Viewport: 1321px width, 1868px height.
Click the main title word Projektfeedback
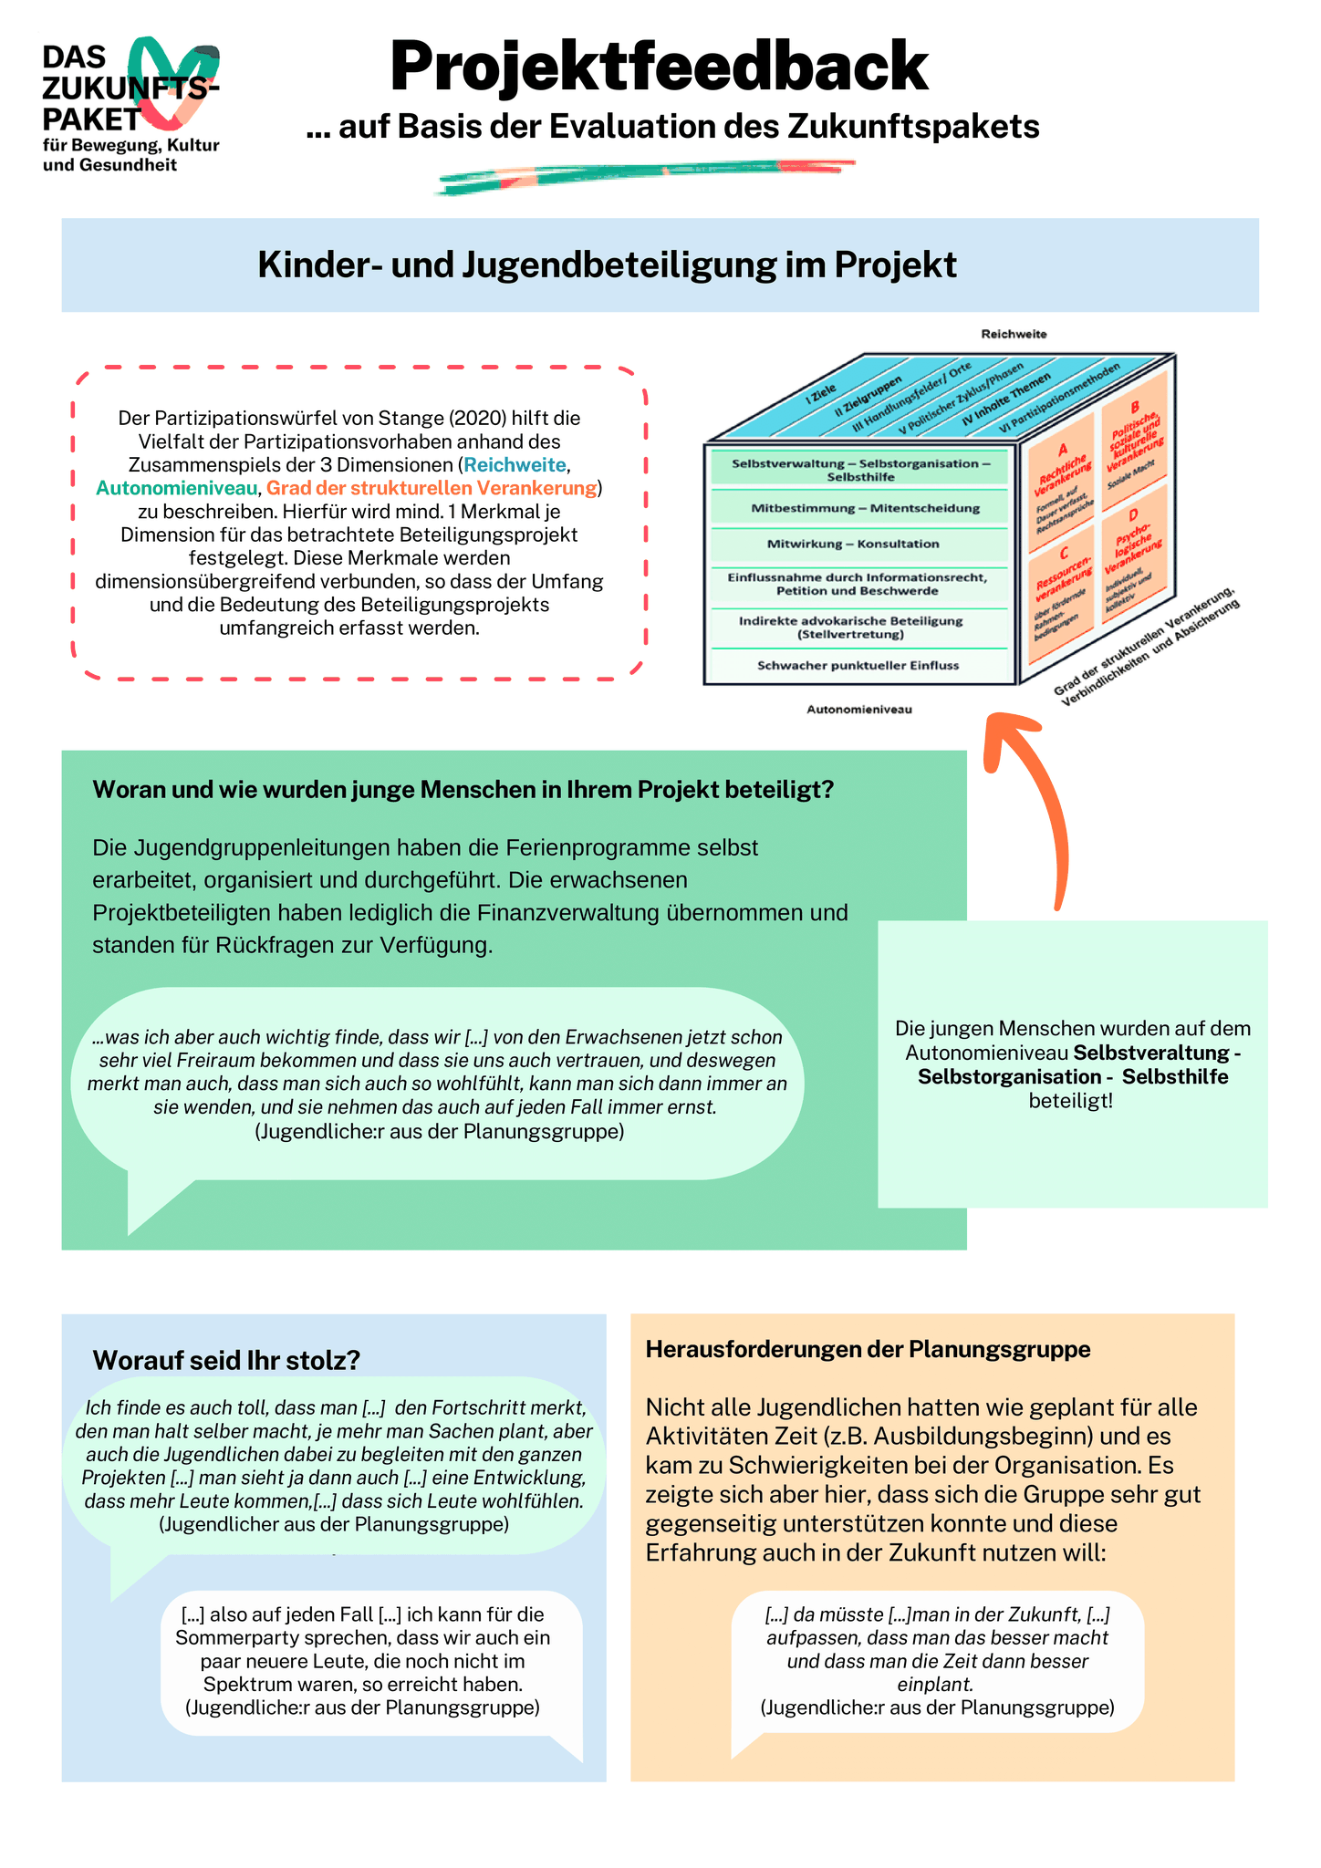(x=660, y=66)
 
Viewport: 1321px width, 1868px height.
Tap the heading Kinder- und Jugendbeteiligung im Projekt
(x=608, y=265)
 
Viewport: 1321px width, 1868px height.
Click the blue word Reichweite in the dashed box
(x=515, y=465)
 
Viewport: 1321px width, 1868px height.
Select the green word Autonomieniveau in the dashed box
(x=177, y=488)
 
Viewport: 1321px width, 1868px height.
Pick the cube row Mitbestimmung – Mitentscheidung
(x=859, y=508)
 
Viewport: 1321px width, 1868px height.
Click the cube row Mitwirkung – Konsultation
(x=859, y=544)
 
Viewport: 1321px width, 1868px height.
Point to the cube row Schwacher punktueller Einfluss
(x=859, y=665)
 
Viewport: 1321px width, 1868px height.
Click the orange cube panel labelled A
(x=1061, y=482)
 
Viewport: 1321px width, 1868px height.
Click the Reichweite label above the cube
(x=1014, y=334)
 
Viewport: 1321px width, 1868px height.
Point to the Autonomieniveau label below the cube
(x=859, y=709)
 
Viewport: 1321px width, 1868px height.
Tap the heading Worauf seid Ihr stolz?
(x=226, y=1360)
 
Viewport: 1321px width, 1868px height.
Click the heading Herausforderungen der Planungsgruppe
(x=869, y=1349)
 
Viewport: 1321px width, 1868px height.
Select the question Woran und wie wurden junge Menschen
(x=463, y=789)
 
